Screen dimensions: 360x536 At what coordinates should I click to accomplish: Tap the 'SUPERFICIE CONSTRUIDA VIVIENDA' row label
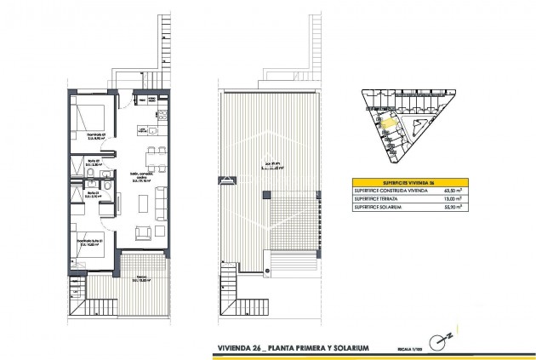pyautogui.click(x=389, y=191)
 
